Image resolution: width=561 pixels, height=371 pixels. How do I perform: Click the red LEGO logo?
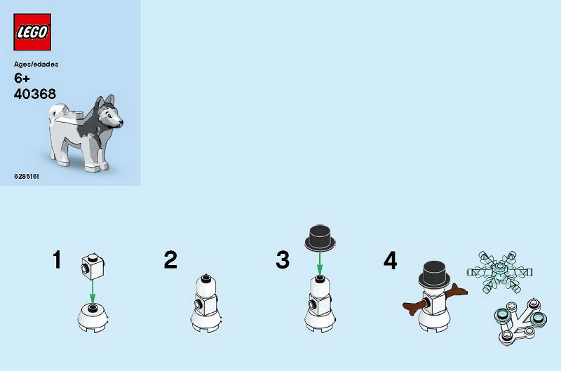pos(32,32)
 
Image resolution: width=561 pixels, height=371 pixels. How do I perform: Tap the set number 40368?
pos(34,94)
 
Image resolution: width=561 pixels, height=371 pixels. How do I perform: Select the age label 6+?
pos(22,78)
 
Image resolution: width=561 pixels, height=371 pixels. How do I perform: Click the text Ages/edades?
pos(36,65)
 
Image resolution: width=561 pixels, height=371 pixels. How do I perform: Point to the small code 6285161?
pos(27,176)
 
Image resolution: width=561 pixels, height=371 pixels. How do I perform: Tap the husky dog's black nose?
pos(121,123)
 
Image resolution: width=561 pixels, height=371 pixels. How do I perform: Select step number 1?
pos(57,259)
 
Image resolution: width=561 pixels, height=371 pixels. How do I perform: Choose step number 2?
pos(170,259)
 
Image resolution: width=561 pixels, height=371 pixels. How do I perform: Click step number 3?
pos(283,259)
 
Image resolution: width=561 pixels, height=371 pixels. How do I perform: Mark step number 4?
pos(390,260)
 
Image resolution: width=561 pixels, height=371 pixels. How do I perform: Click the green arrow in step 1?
pos(93,292)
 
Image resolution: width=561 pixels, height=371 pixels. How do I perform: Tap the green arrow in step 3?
pos(320,263)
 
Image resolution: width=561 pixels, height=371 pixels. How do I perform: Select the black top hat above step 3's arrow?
pos(320,238)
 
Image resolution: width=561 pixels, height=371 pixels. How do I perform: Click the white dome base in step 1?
pos(93,317)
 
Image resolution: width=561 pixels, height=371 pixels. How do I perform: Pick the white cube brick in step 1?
pos(93,267)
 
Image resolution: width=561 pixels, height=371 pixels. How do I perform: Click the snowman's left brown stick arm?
pos(415,307)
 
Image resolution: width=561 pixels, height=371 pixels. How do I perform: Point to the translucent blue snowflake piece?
pos(499,271)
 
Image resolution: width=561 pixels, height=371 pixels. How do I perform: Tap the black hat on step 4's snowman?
pos(434,274)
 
